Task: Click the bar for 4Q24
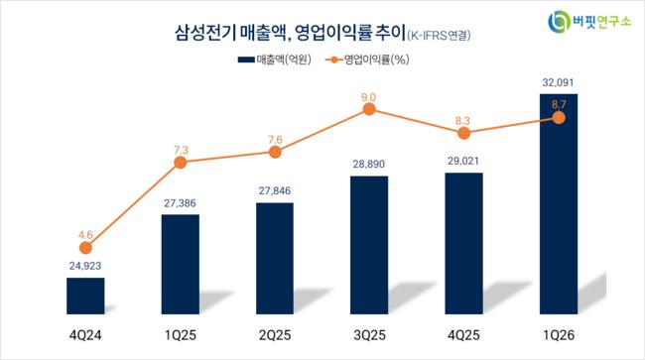[85, 296]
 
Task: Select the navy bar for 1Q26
[559, 204]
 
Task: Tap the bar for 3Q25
[369, 245]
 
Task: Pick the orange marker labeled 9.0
[369, 109]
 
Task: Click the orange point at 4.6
[85, 248]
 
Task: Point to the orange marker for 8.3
[463, 133]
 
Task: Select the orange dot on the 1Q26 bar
[559, 118]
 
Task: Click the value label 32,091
[558, 82]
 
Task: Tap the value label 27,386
[180, 203]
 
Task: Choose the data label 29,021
[463, 161]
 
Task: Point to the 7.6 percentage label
[275, 140]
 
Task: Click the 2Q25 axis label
[275, 335]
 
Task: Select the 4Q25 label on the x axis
[463, 335]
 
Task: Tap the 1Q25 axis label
[181, 335]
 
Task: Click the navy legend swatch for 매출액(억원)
[246, 60]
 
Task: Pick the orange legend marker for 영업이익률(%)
[334, 60]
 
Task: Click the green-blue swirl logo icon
[559, 22]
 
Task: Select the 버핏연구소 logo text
[601, 22]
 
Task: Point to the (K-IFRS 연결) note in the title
[439, 36]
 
